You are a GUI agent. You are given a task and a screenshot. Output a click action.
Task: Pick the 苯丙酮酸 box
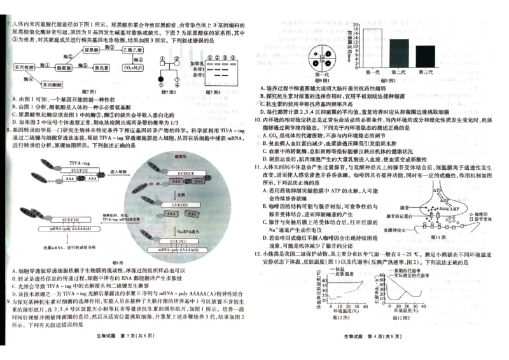[53, 84]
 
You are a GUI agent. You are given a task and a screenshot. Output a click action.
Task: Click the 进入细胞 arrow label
[120, 172]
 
